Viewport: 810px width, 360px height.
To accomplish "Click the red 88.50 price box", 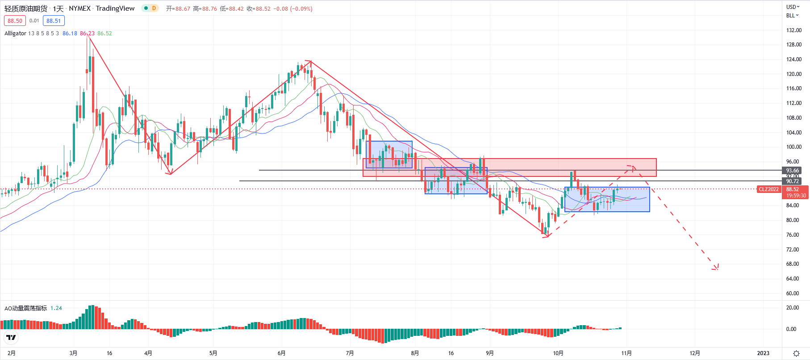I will tap(15, 21).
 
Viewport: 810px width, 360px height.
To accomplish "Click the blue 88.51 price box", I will tap(54, 21).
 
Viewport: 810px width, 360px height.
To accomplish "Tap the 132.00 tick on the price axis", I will tap(793, 30).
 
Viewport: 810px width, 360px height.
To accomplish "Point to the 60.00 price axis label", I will tap(793, 293).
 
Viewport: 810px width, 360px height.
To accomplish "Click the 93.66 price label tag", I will tap(792, 170).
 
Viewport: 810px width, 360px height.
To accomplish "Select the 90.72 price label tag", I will tap(792, 181).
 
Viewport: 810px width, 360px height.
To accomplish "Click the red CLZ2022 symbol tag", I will tap(768, 189).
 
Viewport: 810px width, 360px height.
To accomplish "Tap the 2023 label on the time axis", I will tap(763, 353).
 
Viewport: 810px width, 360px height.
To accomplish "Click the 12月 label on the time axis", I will tap(695, 353).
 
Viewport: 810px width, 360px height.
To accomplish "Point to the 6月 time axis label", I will tap(281, 353).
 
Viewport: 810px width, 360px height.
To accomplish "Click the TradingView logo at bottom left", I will tap(11, 337).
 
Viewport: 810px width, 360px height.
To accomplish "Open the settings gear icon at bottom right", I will tap(796, 353).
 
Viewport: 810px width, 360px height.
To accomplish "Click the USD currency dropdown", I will tap(793, 7).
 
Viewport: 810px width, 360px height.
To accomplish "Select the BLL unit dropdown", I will tap(792, 15).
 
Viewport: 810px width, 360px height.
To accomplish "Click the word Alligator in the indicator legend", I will tap(15, 33).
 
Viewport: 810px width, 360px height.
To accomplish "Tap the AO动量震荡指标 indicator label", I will tap(25, 308).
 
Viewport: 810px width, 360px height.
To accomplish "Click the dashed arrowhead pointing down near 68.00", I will tap(716, 268).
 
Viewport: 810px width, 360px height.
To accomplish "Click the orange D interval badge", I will tap(154, 8).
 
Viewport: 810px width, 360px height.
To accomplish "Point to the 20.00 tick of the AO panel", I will tap(793, 307).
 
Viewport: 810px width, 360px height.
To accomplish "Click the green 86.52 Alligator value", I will tap(104, 33).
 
